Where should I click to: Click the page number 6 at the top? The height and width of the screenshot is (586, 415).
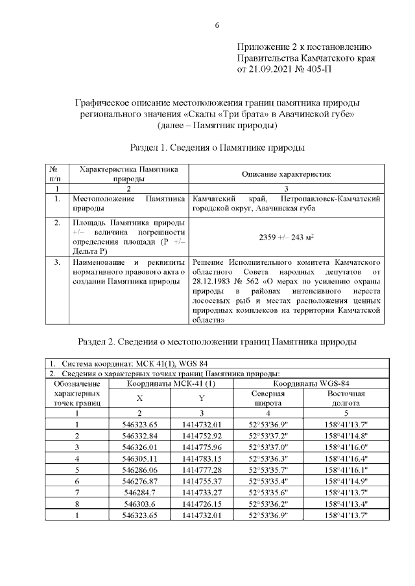[217, 25]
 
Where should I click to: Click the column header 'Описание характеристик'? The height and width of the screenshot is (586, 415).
[286, 175]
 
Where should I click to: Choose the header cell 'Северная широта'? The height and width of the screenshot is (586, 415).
[268, 398]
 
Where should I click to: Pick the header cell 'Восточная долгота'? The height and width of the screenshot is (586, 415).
[346, 398]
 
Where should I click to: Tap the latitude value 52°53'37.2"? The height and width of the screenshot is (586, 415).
[268, 436]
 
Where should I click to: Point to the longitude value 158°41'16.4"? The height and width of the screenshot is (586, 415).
[346, 458]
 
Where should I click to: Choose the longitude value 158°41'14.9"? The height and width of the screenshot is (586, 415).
[346, 481]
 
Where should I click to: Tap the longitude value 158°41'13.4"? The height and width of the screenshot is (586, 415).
[346, 504]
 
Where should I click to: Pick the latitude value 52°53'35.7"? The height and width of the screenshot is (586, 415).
[268, 470]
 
